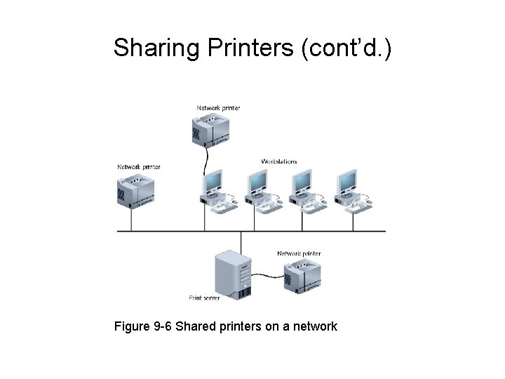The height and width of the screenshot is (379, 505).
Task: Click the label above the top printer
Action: coord(218,108)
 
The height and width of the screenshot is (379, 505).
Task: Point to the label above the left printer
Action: coord(139,167)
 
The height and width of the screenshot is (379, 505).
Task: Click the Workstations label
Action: coord(278,161)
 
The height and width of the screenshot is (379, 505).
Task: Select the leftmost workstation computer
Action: coord(215,190)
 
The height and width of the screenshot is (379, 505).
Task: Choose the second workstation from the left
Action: coord(260,190)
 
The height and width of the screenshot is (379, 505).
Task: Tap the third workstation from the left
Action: coord(304,190)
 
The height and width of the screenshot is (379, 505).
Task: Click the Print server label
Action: coord(205,298)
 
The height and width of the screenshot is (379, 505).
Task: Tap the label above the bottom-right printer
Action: coord(299,253)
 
